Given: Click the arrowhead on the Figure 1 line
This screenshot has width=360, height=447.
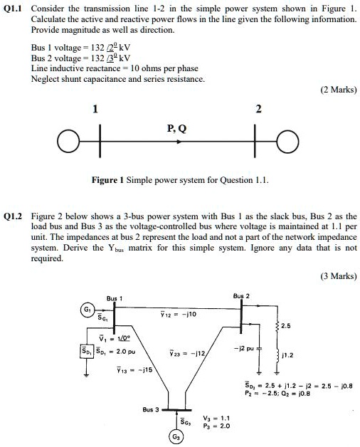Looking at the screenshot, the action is pyautogui.click(x=184, y=140).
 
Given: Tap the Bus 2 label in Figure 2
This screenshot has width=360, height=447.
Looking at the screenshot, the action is pyautogui.click(x=243, y=293).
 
